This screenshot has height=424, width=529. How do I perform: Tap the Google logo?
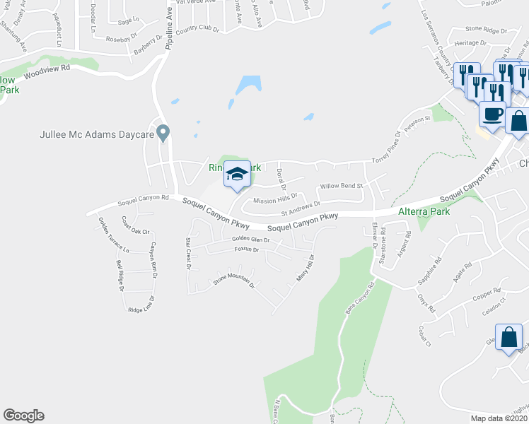pos(23,416)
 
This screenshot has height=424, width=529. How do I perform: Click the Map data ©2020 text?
pos(499,418)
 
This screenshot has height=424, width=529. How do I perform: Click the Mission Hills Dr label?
pos(281,200)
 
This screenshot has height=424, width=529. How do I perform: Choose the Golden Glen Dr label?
pos(251,240)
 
